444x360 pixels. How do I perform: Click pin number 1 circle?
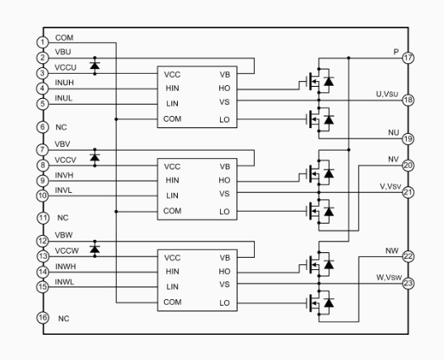click(42, 42)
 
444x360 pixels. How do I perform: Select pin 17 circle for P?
click(408, 58)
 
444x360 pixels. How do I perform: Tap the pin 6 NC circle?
click(42, 127)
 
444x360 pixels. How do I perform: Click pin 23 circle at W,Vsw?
click(408, 283)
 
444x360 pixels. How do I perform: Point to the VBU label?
click(63, 52)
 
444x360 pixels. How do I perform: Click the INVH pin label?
click(64, 175)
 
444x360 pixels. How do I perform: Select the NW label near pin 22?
click(392, 251)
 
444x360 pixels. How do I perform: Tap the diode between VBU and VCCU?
click(95, 66)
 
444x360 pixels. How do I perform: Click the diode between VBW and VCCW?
click(95, 249)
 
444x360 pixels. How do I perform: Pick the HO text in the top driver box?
click(224, 88)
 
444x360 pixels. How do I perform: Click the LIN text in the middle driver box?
click(172, 195)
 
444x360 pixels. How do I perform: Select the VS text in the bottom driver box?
click(224, 285)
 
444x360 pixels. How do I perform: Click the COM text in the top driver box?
click(172, 119)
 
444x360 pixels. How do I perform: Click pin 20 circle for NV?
click(408, 165)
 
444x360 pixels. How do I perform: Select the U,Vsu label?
click(387, 94)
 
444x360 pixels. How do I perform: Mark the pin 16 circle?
click(42, 318)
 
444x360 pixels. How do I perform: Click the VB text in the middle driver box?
click(225, 166)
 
